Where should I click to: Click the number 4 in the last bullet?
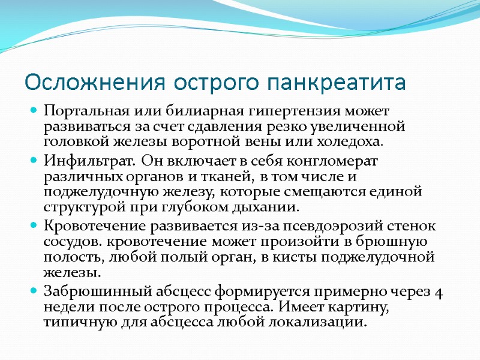coord(439,293)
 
